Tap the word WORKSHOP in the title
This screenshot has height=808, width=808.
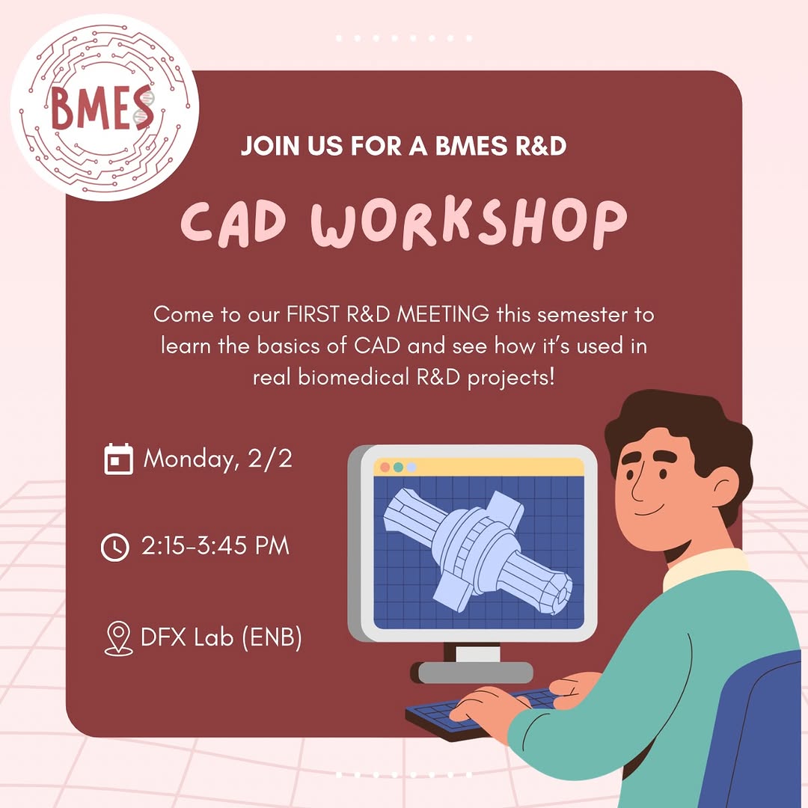tap(469, 223)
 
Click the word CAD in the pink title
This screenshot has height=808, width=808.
tap(233, 222)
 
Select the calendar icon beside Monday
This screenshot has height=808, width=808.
tap(118, 459)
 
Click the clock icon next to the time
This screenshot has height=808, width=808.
tap(115, 547)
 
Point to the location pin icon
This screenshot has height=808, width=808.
tap(118, 638)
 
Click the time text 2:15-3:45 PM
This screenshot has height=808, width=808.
tap(215, 546)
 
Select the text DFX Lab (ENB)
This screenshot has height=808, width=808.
tap(221, 637)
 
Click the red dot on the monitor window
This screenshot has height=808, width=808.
tap(385, 468)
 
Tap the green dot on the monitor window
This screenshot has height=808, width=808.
tap(398, 468)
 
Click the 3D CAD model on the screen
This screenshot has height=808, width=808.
tap(477, 551)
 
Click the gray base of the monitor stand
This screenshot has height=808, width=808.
tap(474, 673)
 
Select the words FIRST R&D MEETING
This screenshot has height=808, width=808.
tap(388, 313)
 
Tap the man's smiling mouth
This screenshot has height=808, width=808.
tap(649, 510)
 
